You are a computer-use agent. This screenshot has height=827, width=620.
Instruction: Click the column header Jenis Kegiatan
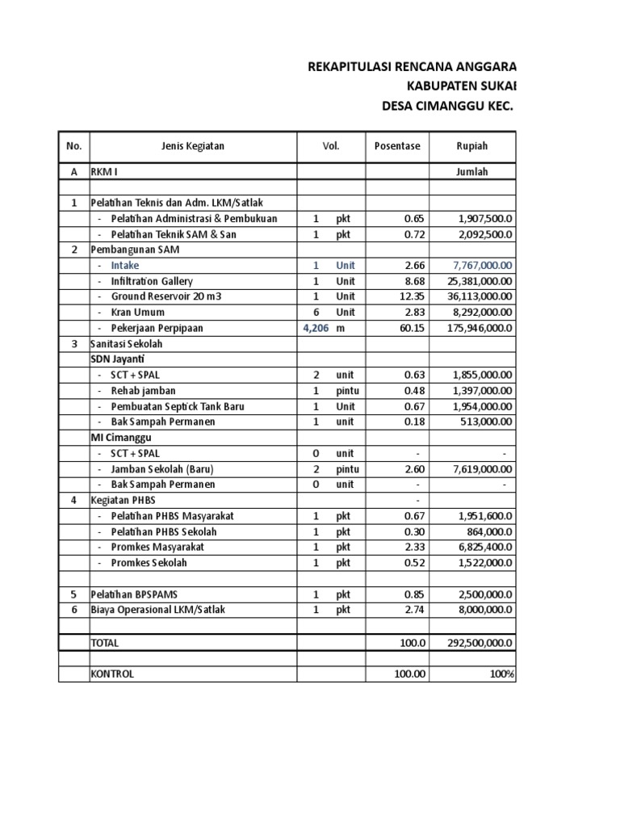tap(192, 146)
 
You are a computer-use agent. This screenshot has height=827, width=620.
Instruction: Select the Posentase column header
tap(397, 146)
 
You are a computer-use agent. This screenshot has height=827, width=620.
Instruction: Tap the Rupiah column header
tap(471, 146)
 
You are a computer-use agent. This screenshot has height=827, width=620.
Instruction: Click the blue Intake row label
tap(125, 265)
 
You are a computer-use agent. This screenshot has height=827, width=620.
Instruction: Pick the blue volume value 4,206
tap(315, 328)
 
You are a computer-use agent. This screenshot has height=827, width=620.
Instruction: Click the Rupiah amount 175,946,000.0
tap(480, 328)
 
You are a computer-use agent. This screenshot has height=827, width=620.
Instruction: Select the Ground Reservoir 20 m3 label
tap(165, 296)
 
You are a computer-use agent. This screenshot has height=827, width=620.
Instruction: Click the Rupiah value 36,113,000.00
tap(480, 296)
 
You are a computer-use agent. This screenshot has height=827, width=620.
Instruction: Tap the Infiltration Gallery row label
tap(152, 281)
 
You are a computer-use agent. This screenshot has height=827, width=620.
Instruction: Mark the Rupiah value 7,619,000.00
tap(483, 469)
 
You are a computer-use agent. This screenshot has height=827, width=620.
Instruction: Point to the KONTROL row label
tap(113, 674)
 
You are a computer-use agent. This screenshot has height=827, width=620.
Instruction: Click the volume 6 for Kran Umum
tap(316, 313)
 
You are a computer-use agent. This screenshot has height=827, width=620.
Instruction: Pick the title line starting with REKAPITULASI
tap(412, 67)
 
